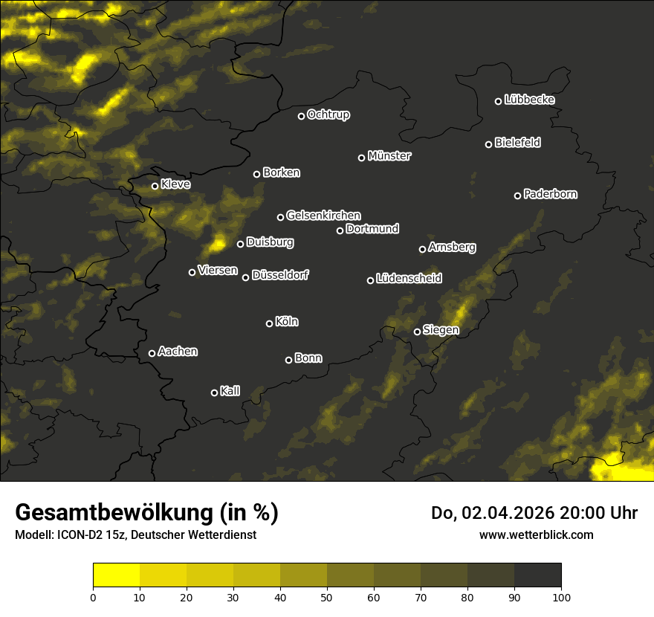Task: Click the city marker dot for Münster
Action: (x=362, y=158)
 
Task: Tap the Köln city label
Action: (x=287, y=322)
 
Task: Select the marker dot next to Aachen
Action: (x=152, y=353)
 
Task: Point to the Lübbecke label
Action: (x=529, y=100)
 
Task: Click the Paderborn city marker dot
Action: (x=518, y=196)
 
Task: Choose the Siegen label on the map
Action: (x=441, y=330)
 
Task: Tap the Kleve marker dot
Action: (x=155, y=186)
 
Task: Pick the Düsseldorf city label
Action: (x=280, y=276)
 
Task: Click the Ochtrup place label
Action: (x=328, y=114)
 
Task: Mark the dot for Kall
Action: (x=215, y=393)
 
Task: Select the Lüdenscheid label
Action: (x=409, y=279)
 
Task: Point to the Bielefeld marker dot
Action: (x=489, y=144)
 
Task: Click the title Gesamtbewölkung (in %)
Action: (x=146, y=512)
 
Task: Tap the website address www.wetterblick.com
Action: (x=536, y=534)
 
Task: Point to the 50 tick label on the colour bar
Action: (x=327, y=596)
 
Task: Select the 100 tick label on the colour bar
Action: (x=561, y=596)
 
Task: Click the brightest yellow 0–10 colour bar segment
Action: (x=117, y=575)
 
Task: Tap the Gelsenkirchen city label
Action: (x=323, y=216)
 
